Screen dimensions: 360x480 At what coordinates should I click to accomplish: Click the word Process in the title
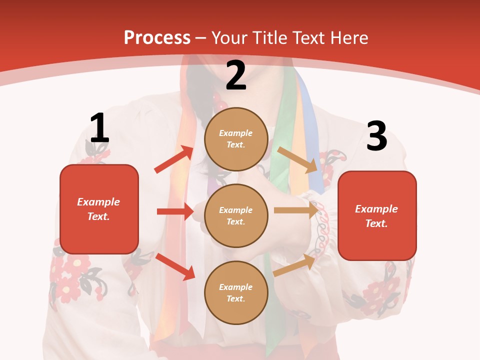coord(157,37)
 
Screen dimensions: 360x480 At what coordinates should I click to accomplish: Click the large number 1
coord(99,128)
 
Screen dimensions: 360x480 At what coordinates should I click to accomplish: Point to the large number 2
coord(236,75)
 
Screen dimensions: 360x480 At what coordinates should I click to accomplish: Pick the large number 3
coord(376,136)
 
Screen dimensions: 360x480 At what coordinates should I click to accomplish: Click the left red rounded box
coord(99,209)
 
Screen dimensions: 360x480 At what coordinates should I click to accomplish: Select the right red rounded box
coord(377,215)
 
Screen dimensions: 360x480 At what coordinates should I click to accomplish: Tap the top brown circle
coord(236,139)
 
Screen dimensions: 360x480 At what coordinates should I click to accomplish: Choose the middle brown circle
coord(236,215)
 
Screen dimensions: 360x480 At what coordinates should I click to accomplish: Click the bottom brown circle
coord(236,292)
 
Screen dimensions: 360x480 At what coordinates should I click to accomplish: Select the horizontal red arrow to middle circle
coord(175,211)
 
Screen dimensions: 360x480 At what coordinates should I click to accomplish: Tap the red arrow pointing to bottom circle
coord(175,266)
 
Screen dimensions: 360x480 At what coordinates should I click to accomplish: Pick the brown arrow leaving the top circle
coord(297,159)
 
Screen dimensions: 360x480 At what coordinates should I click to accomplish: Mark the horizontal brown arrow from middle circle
coord(296,210)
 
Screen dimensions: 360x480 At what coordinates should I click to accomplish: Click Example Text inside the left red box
coord(98,209)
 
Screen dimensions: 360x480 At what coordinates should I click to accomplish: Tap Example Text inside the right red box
coord(376,216)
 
